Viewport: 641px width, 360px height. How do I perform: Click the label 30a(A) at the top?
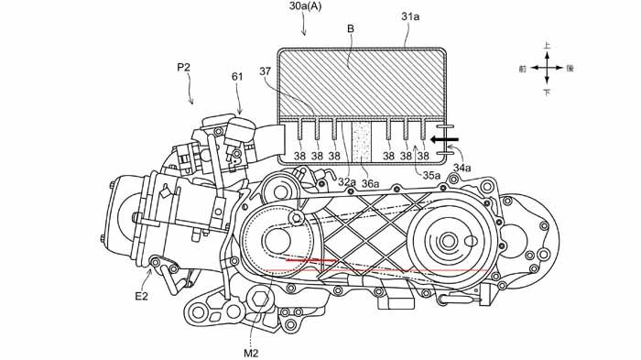pos(305,7)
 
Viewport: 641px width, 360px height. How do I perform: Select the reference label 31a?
pos(410,16)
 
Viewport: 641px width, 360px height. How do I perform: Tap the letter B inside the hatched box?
pos(351,29)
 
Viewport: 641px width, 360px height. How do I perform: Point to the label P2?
pos(183,68)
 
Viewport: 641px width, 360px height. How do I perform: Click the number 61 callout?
pos(237,77)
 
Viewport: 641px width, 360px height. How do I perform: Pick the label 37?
pos(265,71)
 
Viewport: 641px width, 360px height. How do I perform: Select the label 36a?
pos(370,184)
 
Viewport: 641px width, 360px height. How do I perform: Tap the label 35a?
pos(431,176)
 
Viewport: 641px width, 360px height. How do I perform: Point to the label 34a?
pos(462,168)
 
